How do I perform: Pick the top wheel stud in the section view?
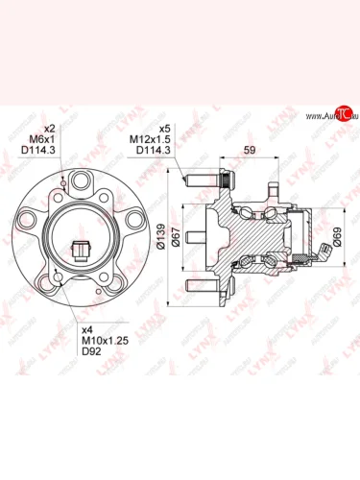pyautogui.click(x=207, y=179)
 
